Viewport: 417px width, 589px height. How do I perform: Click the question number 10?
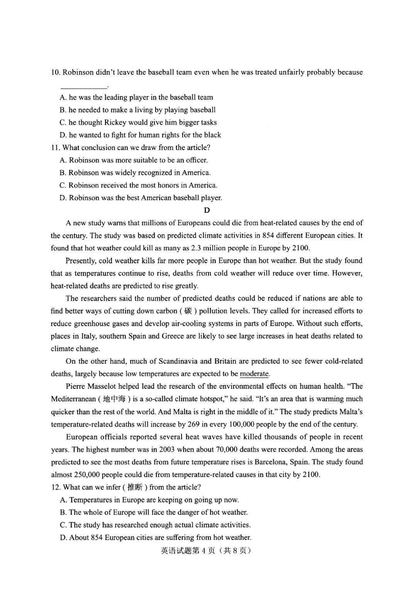click(55, 73)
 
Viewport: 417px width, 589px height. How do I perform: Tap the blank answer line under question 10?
click(83, 87)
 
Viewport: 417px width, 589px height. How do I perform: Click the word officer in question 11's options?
click(196, 160)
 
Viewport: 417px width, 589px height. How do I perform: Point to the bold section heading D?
click(207, 210)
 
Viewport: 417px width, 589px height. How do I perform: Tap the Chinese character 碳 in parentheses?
click(188, 311)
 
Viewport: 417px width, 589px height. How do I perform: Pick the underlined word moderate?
click(254, 374)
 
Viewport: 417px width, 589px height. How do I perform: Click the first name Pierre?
click(76, 386)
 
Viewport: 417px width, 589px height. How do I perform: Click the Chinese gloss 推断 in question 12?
click(135, 488)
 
